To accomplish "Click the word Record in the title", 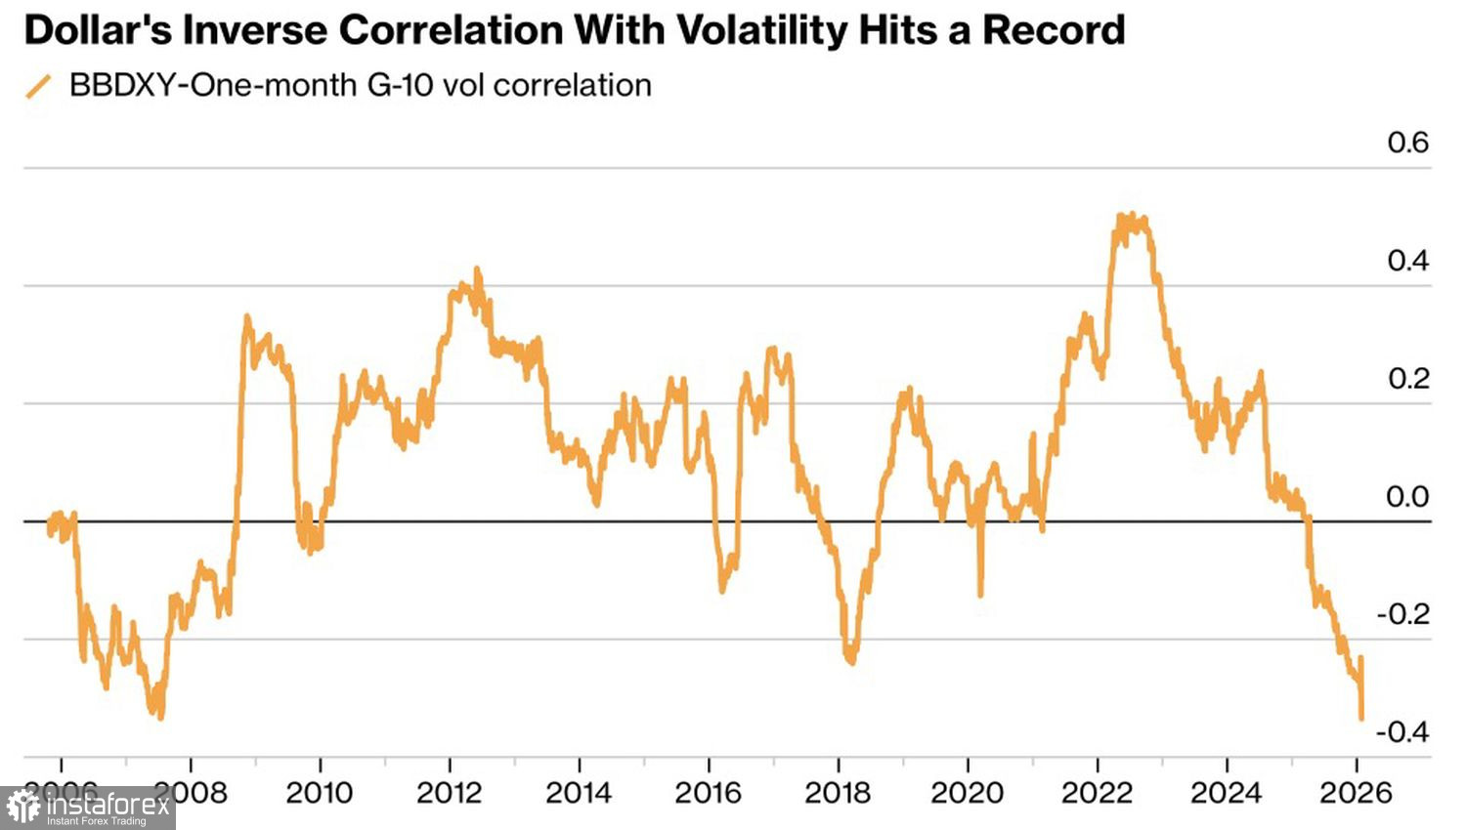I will pos(1054,30).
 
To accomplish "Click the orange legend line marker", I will pos(39,86).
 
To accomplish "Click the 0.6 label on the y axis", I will pos(1407,143).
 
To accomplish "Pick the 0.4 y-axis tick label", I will pos(1407,261).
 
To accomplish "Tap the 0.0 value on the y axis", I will pos(1407,497).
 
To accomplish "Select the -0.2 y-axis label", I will pos(1402,614).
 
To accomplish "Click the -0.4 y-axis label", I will pos(1402,731).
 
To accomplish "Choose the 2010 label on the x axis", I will pos(320,792).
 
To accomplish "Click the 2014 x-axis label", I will pos(579,792).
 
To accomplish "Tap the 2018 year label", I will pos(838,792).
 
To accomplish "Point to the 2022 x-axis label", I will pos(1097,792).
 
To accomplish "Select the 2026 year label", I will pos(1356,792).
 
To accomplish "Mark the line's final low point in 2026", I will pos(1361,718).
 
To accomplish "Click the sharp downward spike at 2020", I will pos(980,594).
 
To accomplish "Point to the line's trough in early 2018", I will pos(850,662).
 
